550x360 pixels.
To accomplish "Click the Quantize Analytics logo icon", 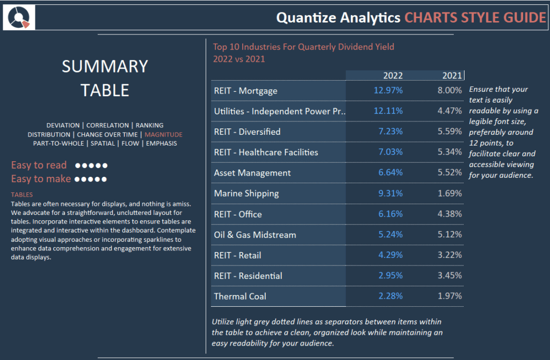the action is (19, 17).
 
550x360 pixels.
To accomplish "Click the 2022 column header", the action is (393, 75).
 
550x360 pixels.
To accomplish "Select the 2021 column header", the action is (452, 75).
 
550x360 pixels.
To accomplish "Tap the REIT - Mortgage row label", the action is (245, 91).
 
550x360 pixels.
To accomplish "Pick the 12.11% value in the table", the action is (388, 111).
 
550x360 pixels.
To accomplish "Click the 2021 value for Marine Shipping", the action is (450, 193).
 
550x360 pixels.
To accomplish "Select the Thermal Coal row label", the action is (240, 297).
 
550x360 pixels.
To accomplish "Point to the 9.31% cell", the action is (390, 193).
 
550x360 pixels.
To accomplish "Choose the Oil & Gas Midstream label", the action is (255, 235).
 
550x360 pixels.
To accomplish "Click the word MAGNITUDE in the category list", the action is (163, 134).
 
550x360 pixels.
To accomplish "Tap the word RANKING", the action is (149, 125).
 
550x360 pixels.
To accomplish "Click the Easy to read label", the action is (39, 165).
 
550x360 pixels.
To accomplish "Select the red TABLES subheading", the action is (21, 195).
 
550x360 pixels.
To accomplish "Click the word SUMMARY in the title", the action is (105, 66).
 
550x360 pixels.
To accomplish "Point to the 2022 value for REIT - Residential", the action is (390, 276).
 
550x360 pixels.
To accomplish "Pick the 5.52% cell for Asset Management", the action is (450, 172).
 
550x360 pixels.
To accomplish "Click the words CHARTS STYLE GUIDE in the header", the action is (475, 18).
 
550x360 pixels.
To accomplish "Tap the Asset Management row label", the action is (252, 173).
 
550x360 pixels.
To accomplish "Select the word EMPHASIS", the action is (161, 143).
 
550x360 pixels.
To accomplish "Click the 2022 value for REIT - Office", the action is (390, 214).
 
